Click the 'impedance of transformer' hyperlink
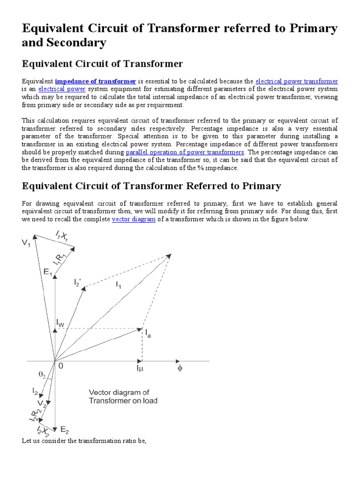point(96,81)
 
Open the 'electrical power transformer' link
point(296,81)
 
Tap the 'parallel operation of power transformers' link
point(185,152)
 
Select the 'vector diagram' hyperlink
point(134,219)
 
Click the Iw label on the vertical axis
point(61,322)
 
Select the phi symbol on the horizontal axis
point(179,368)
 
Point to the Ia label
point(148,334)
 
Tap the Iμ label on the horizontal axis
point(140,369)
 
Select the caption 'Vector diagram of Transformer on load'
point(123,397)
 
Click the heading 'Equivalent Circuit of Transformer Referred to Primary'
point(151,186)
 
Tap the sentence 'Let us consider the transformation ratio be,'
point(85,441)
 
